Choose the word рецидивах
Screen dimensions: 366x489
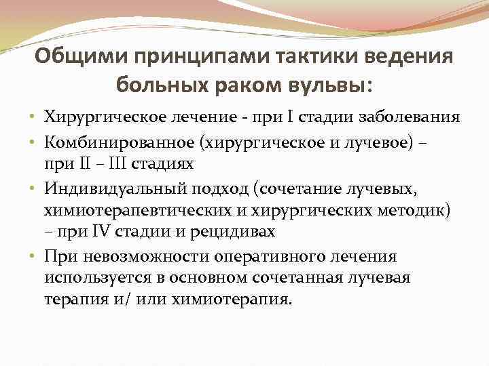click(240, 231)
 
